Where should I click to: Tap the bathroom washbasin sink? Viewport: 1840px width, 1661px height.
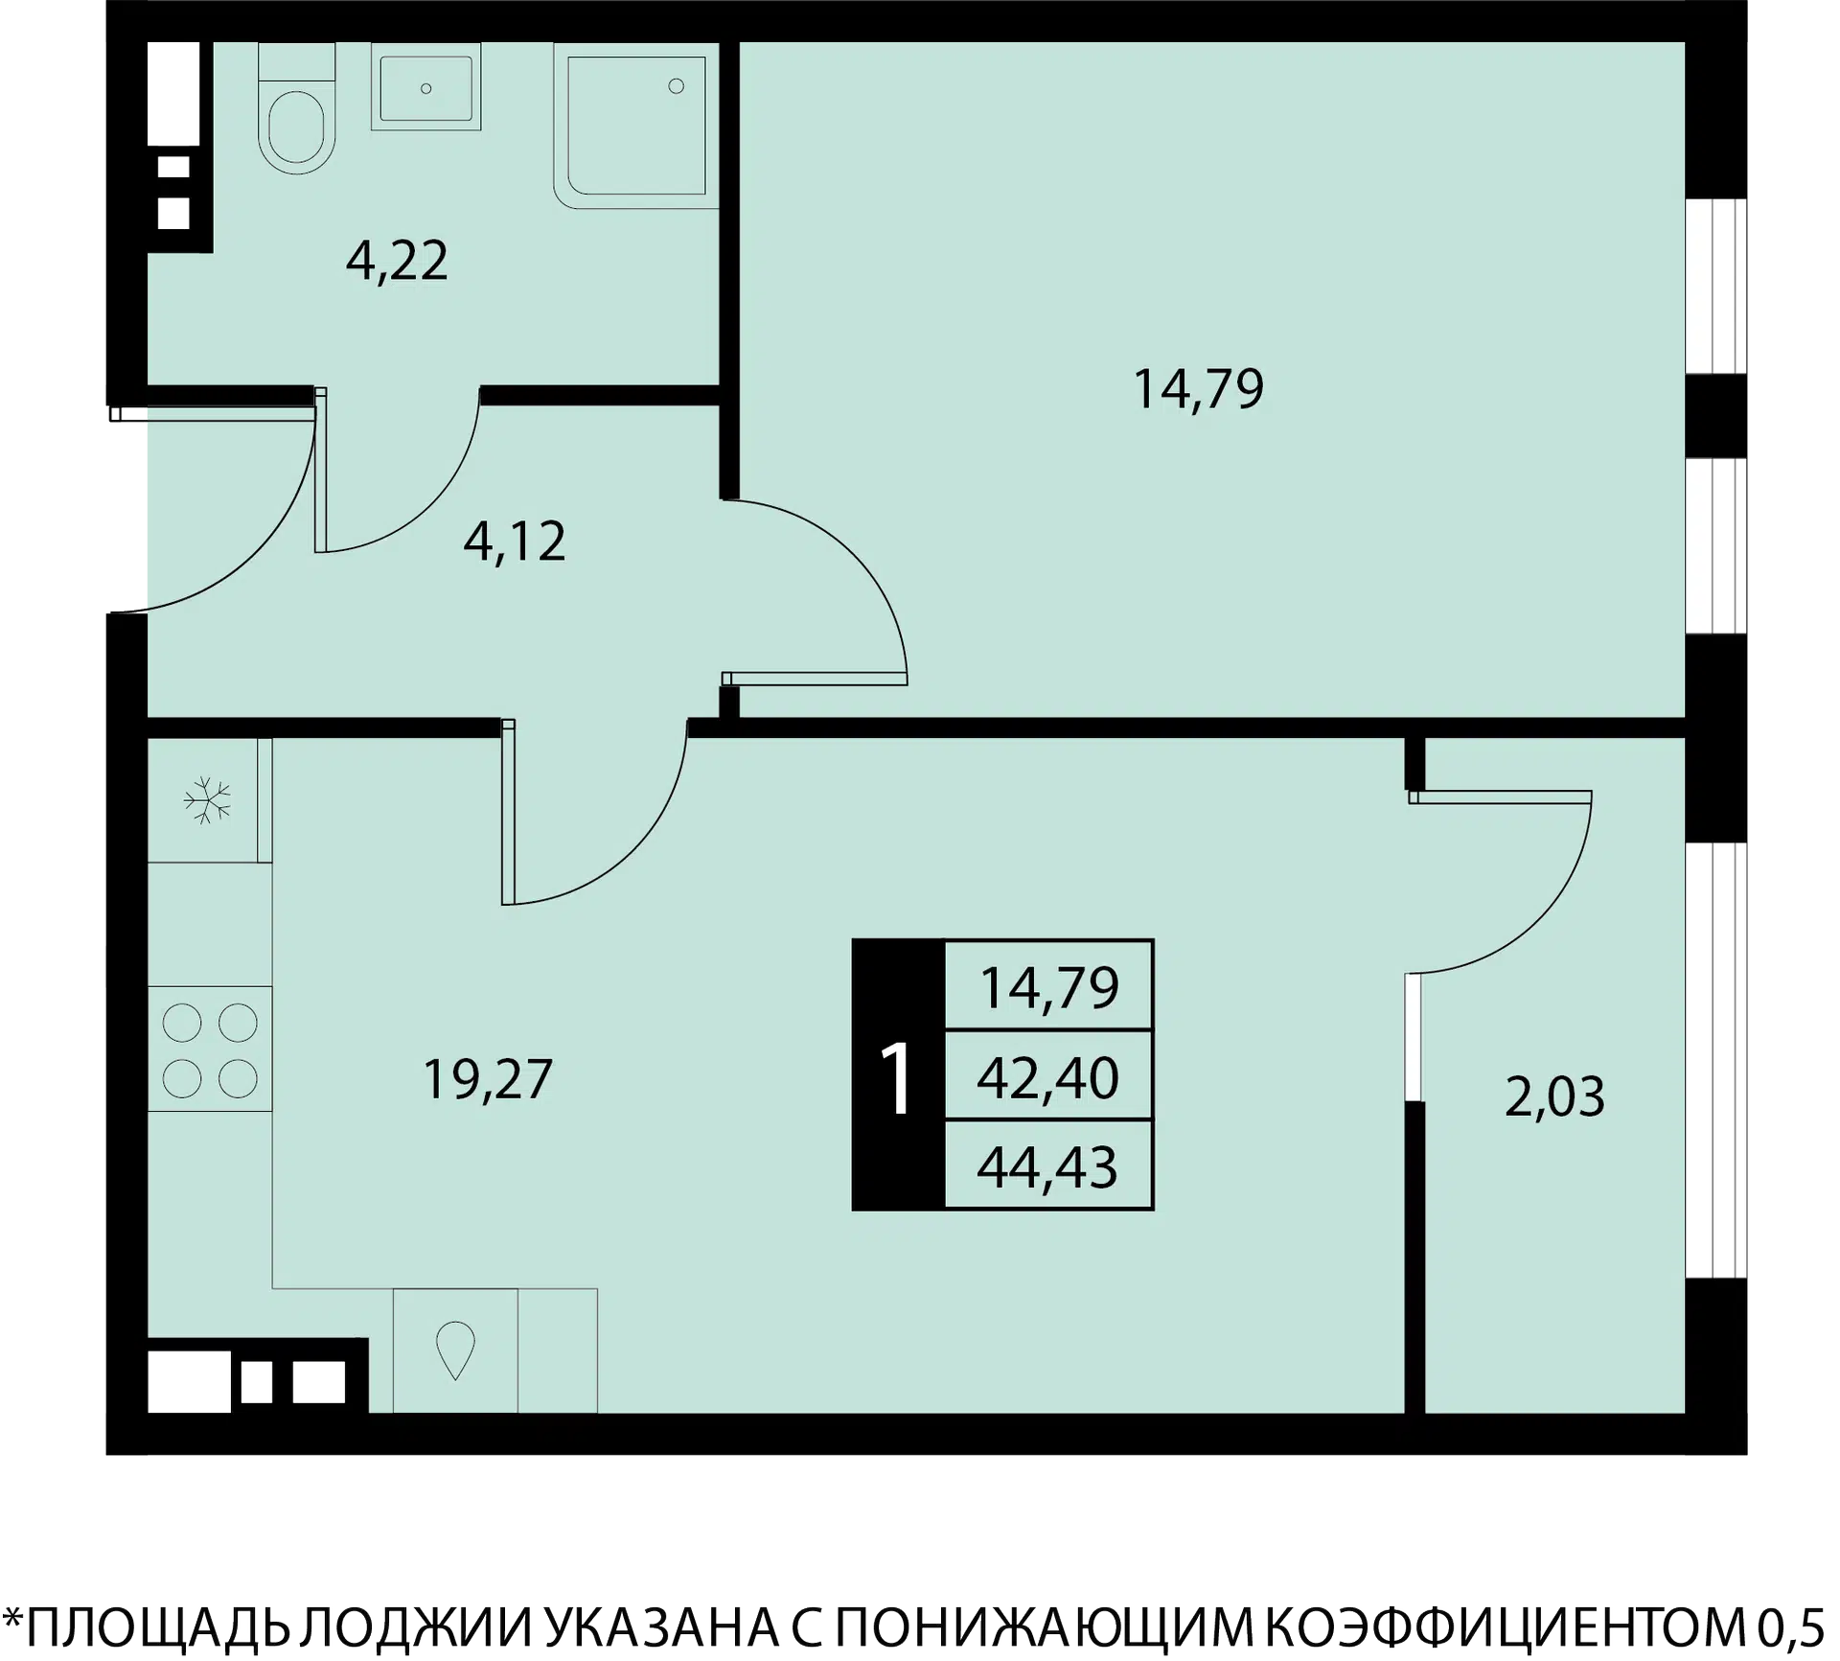point(426,87)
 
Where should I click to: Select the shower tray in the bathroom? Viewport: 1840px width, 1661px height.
point(636,126)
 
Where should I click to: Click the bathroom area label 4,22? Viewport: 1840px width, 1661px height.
point(397,261)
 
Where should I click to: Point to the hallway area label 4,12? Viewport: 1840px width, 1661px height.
point(515,542)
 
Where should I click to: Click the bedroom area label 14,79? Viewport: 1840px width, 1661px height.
point(1198,389)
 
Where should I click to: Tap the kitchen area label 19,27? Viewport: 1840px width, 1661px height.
point(488,1079)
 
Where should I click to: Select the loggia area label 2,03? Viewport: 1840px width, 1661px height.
point(1554,1097)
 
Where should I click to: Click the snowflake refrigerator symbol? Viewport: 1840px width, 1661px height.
point(208,800)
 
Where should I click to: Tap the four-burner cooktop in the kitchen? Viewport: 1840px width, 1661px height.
point(210,1050)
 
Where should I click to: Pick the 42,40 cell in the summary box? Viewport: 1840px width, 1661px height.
point(1047,1076)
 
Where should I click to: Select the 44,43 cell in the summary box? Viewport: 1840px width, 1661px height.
point(1047,1166)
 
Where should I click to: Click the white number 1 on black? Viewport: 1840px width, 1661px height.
point(898,1080)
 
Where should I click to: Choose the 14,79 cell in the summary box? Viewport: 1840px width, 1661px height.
point(1048,987)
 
